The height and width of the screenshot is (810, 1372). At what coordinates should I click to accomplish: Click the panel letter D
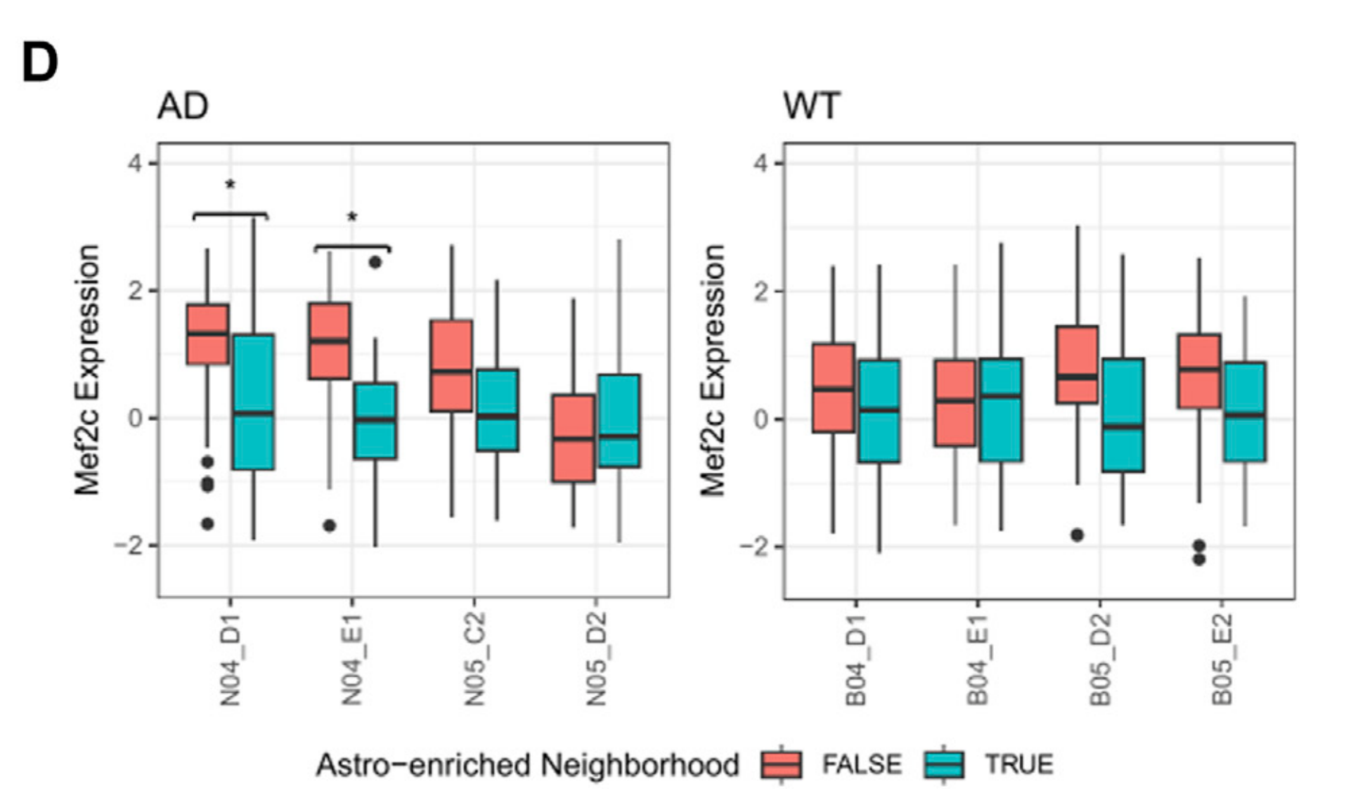pyautogui.click(x=40, y=64)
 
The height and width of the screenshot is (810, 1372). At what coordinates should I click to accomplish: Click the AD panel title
pyautogui.click(x=183, y=107)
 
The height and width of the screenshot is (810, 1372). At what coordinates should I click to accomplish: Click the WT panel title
pyautogui.click(x=811, y=107)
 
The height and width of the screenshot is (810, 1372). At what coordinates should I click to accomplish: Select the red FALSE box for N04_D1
pyautogui.click(x=207, y=334)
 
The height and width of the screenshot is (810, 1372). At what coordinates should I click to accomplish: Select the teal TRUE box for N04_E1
pyautogui.click(x=375, y=421)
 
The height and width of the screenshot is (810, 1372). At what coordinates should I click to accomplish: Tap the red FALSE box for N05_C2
pyautogui.click(x=451, y=365)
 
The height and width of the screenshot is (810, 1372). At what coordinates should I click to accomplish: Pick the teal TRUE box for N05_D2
pyautogui.click(x=619, y=421)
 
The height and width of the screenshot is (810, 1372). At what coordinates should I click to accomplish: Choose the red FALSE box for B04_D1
pyautogui.click(x=834, y=388)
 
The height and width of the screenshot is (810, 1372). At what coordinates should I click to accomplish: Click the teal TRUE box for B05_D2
pyautogui.click(x=1122, y=415)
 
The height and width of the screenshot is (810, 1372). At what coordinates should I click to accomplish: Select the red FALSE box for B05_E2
pyautogui.click(x=1199, y=371)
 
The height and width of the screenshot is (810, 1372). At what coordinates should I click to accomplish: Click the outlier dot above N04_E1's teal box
pyautogui.click(x=375, y=263)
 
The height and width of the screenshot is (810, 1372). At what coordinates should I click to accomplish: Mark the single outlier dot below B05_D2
pyautogui.click(x=1077, y=535)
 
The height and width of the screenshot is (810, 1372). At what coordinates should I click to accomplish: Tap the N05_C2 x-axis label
pyautogui.click(x=475, y=658)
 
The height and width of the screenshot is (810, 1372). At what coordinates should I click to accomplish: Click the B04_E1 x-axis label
pyautogui.click(x=977, y=658)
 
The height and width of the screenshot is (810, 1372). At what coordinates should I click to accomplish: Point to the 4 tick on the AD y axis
pyautogui.click(x=134, y=164)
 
